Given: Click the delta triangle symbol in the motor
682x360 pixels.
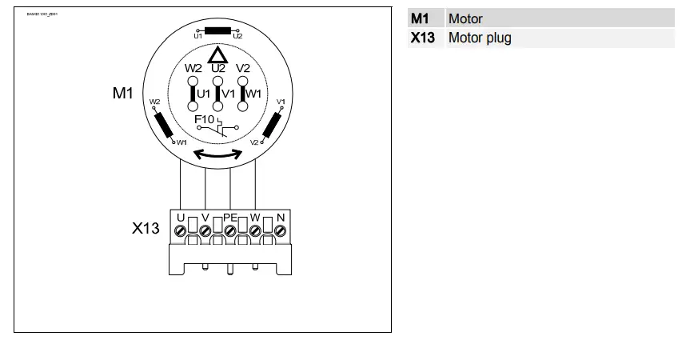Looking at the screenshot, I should (217, 55).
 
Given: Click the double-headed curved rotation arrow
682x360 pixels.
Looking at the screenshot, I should (218, 154).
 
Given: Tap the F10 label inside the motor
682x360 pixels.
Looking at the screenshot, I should (205, 119).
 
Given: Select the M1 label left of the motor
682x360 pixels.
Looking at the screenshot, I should (122, 94).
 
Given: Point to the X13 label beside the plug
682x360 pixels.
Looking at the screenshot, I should (146, 228).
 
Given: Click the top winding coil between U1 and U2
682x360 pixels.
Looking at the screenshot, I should (217, 31).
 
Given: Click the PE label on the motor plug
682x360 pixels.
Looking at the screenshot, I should (230, 217).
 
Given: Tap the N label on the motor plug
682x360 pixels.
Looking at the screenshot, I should (281, 217).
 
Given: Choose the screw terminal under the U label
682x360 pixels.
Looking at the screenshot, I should (181, 231).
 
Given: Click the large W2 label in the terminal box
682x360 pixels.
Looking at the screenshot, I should (193, 68).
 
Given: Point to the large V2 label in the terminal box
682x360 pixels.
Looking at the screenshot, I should (243, 68).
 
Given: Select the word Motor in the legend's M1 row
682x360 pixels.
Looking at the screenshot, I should (465, 18).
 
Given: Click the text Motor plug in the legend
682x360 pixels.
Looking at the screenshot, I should (480, 38).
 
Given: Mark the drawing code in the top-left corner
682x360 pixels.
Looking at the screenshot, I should (42, 14).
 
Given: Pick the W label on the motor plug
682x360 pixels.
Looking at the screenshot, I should (255, 217).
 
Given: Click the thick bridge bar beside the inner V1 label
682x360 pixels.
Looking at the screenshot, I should (218, 94).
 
